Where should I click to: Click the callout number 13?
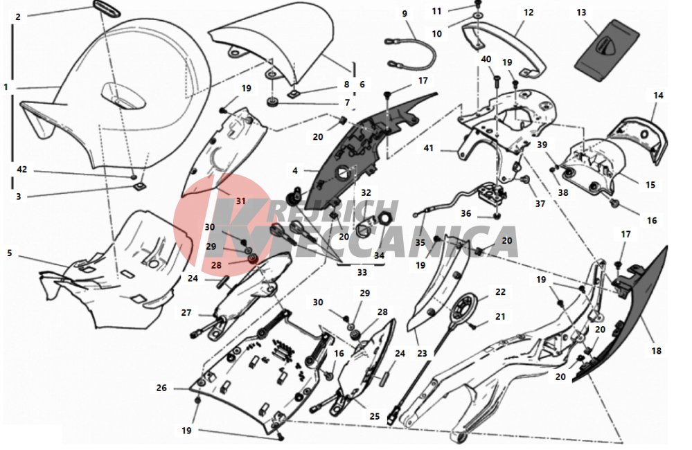tap(580, 13)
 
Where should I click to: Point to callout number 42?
tap(21, 169)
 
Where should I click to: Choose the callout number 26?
tap(161, 388)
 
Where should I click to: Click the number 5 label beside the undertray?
tap(10, 253)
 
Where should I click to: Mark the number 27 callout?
tap(186, 312)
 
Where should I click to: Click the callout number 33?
tap(362, 272)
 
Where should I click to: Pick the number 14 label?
tap(657, 96)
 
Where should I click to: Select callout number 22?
tap(500, 293)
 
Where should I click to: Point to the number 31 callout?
tap(240, 201)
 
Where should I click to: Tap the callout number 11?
tap(456, 11)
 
